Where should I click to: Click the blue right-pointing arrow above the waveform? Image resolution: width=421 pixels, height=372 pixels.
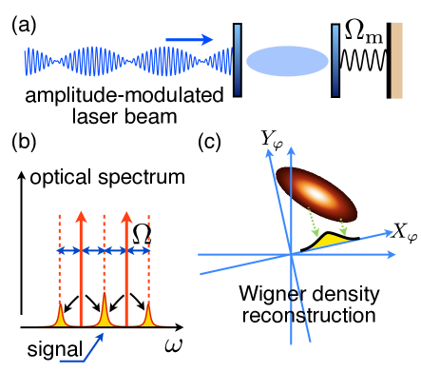tap(189, 40)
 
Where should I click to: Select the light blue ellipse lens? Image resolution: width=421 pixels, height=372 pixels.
tap(287, 61)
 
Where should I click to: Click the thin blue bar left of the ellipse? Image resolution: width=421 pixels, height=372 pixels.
tap(238, 60)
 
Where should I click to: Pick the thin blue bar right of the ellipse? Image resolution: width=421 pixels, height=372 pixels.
tap(335, 60)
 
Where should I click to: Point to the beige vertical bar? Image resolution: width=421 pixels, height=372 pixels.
tap(396, 60)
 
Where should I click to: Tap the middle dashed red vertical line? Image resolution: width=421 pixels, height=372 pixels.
tap(104, 257)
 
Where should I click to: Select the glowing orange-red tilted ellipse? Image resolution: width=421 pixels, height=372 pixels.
tap(317, 195)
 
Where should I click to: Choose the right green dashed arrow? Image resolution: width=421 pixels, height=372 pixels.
tap(341, 225)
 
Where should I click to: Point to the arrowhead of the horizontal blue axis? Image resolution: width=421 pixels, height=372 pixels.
tap(392, 254)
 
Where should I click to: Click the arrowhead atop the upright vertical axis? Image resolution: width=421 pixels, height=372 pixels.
tap(291, 149)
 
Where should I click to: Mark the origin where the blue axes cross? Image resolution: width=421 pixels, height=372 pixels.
tap(291, 254)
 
